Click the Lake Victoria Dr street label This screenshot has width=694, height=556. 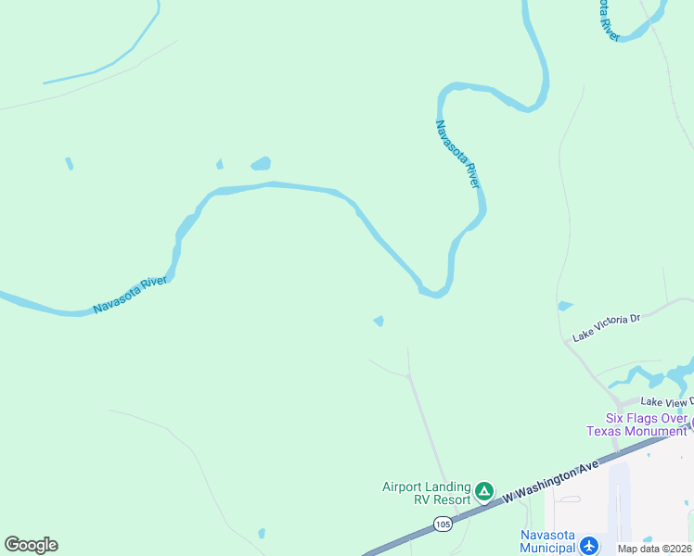tap(607, 326)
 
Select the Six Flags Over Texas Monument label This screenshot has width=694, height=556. tap(636, 424)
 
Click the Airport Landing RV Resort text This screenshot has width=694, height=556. tap(427, 493)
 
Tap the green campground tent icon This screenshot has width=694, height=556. tap(483, 491)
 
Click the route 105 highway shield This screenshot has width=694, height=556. tap(443, 524)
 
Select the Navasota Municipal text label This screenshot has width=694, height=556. tap(547, 542)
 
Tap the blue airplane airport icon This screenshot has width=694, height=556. tap(588, 546)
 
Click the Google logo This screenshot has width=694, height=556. tap(31, 545)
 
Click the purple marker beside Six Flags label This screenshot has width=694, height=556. tap(691, 424)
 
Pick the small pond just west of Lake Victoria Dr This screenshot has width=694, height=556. tap(565, 306)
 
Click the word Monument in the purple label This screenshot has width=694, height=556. tap(656, 431)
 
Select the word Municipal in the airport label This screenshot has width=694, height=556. tap(547, 549)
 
